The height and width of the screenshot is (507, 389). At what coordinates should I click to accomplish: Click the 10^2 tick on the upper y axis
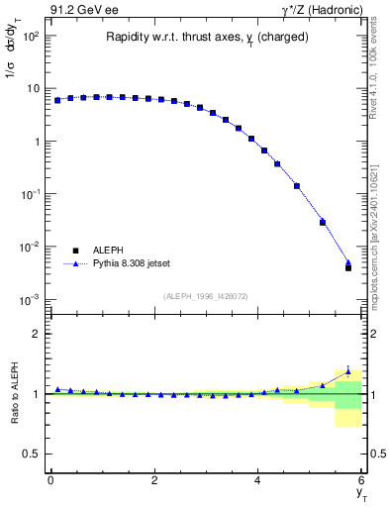point(33,36)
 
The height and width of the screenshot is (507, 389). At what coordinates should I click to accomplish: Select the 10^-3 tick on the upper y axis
point(33,299)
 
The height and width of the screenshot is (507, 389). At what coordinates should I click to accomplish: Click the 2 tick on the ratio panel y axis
point(37,334)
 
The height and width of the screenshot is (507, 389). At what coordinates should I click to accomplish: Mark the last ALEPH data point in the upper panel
point(348,267)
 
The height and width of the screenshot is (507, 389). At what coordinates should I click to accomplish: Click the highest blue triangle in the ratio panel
point(348,371)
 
